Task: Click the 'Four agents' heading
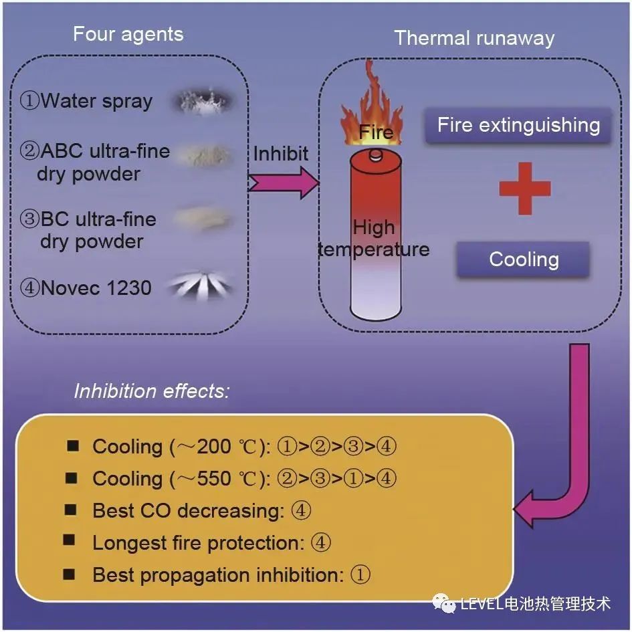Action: [x=128, y=34]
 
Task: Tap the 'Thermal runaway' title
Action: [x=473, y=37]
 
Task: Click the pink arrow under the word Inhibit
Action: [x=284, y=183]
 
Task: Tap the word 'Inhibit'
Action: [x=281, y=154]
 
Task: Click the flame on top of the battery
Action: [x=367, y=110]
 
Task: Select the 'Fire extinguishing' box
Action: [x=518, y=125]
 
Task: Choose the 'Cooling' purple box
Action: [x=523, y=259]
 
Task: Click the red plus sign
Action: [x=525, y=188]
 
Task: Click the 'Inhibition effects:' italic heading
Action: [x=152, y=391]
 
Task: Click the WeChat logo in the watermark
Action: [x=445, y=603]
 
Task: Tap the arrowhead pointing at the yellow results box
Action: [x=528, y=510]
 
